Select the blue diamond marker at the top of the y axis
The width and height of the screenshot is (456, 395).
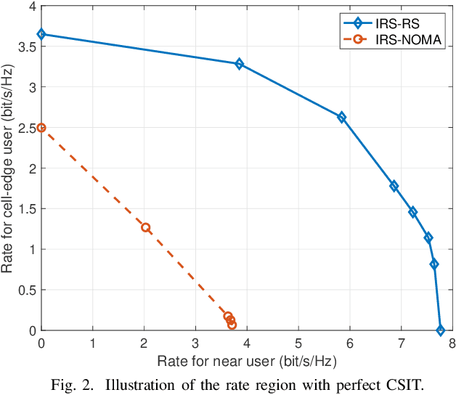click(x=41, y=34)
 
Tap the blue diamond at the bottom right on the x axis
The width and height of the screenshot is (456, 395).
click(x=440, y=330)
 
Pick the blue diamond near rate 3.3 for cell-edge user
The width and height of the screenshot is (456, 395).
click(x=239, y=64)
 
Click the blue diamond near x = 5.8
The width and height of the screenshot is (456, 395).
click(x=341, y=117)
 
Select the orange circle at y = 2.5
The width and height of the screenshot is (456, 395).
click(x=41, y=127)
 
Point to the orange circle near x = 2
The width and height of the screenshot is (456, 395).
click(x=145, y=227)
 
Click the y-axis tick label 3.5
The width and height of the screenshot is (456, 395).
click(x=26, y=46)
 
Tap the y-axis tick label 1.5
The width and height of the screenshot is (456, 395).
click(x=26, y=208)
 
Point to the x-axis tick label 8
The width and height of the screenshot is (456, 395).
click(x=452, y=343)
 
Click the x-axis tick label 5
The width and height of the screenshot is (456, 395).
click(x=298, y=343)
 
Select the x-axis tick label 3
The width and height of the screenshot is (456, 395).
click(x=195, y=343)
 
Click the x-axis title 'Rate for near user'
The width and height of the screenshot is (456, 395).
click(x=247, y=359)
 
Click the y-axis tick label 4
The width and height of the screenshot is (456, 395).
click(x=30, y=6)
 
